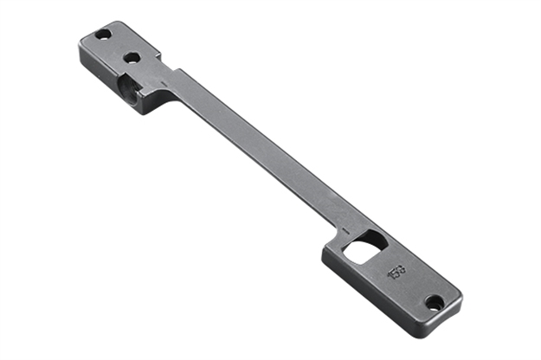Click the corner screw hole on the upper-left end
point(102,35)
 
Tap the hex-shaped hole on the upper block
point(132,58)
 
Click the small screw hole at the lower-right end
point(435,302)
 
